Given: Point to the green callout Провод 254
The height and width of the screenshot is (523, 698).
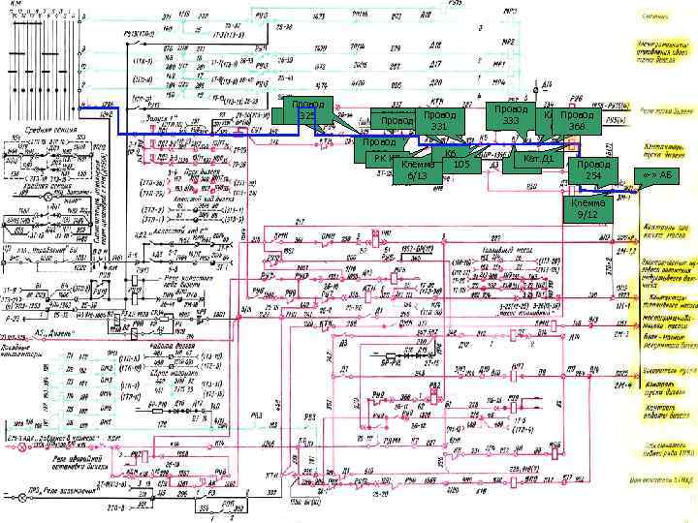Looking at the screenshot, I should (x=592, y=170).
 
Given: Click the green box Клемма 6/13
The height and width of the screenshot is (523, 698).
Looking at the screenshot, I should (x=417, y=170).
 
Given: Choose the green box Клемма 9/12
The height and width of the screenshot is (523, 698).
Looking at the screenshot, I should (x=587, y=210).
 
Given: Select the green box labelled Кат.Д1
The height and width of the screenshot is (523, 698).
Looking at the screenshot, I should (x=537, y=158).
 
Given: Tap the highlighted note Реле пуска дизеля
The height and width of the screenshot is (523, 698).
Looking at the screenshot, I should (x=661, y=109).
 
